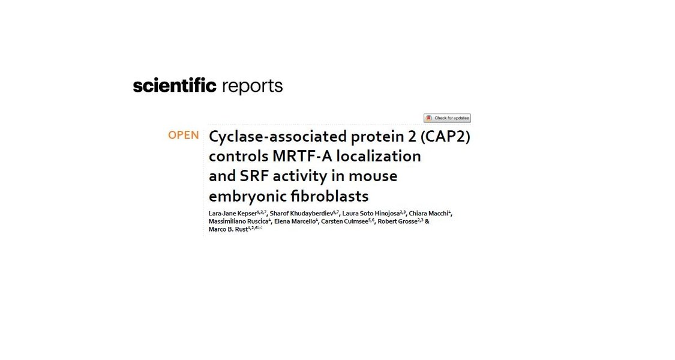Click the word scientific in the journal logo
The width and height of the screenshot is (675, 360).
(175, 85)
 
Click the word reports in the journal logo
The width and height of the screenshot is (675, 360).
(252, 86)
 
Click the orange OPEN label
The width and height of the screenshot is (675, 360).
(184, 135)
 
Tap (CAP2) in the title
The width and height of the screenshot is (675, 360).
(445, 137)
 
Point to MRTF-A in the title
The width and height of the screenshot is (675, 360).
(302, 156)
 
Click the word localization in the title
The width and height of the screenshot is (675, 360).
(379, 156)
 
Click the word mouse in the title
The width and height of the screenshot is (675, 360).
(373, 176)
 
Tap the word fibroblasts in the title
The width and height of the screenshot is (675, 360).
(329, 196)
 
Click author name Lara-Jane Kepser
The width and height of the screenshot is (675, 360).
(232, 214)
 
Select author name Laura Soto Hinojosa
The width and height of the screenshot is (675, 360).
(371, 214)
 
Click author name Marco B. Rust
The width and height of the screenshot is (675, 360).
(228, 229)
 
